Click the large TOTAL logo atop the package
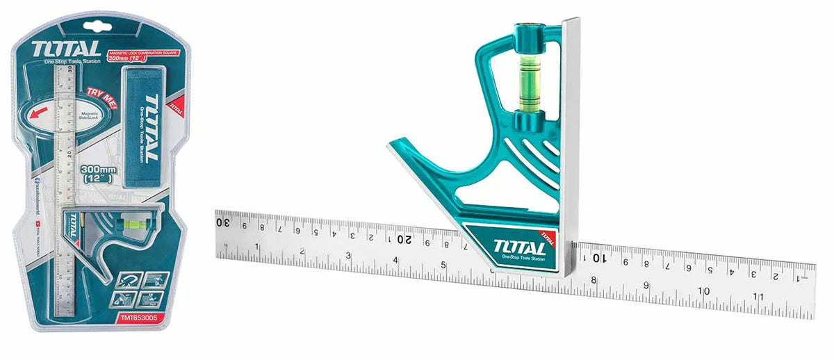click(57, 50)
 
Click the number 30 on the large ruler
click(223, 222)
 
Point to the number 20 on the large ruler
click(403, 239)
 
